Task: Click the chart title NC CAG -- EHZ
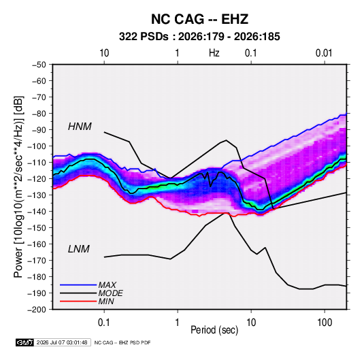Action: pos(199,19)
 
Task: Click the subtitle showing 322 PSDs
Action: pos(199,37)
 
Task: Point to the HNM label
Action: pos(80,127)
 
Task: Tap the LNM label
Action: pos(79,249)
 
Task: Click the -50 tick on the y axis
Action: pos(39,65)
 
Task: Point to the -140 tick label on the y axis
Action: pos(37,212)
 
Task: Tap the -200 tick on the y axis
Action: pos(37,310)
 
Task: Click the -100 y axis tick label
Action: pos(37,146)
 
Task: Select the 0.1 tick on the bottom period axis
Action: pos(104,323)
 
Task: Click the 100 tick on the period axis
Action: pos(325,323)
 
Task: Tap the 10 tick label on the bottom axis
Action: pos(251,323)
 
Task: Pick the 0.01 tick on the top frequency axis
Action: pos(324,53)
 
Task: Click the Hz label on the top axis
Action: pos(214,53)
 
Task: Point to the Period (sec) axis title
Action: pos(214,330)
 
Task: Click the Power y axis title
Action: pos(18,187)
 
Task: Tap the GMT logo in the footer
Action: pos(25,342)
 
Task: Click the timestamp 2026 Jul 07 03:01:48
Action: pos(62,342)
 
